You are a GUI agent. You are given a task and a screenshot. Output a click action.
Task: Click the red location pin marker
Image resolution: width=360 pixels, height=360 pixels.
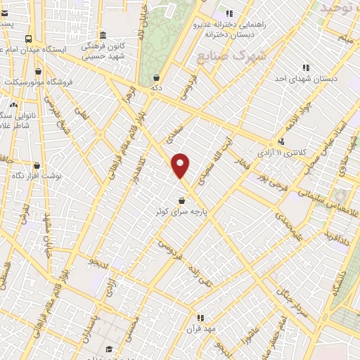181,165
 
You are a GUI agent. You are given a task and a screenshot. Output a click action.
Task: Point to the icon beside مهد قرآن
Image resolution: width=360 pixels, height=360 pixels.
200,318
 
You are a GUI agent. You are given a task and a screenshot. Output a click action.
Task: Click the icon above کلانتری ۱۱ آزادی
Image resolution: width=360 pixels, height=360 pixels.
282,141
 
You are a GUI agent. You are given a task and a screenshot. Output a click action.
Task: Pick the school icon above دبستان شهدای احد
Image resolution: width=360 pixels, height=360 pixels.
306,68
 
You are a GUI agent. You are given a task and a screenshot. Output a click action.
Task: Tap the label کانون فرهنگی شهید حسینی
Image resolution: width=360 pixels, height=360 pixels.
103,50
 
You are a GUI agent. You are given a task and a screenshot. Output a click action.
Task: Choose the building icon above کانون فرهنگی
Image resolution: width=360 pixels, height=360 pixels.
103,35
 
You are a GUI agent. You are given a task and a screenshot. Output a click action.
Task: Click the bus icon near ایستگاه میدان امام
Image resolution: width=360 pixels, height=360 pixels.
28,39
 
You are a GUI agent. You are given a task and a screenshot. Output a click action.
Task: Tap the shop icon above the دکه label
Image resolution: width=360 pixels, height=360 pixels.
156,78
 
